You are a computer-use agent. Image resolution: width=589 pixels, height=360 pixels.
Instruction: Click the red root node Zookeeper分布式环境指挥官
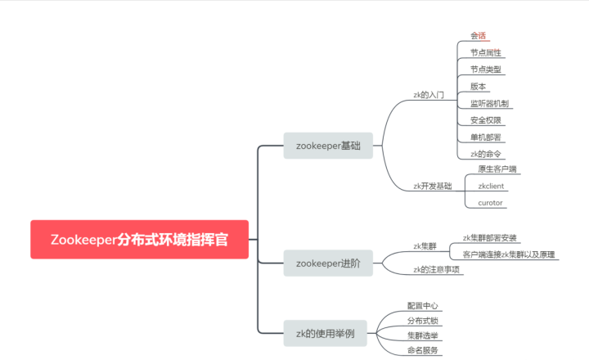coord(139,240)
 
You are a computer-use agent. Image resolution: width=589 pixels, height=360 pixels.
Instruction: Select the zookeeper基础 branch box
coord(327,146)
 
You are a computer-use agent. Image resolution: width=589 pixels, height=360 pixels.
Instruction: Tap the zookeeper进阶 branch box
coord(327,263)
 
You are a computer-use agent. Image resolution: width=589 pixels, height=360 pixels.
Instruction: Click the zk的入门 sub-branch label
coord(429,96)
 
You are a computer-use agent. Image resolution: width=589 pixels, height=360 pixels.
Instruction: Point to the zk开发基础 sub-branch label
coord(432,186)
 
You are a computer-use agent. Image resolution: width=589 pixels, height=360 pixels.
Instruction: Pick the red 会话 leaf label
coord(479,36)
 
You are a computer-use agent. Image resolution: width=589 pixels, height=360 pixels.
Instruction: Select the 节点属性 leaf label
coord(486,52)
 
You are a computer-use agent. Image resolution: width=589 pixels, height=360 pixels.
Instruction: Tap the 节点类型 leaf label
coord(486,70)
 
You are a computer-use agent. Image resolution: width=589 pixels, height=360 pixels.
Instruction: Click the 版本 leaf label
coord(479,87)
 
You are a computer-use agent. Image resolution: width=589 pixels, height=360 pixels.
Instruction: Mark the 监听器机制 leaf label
coord(490,103)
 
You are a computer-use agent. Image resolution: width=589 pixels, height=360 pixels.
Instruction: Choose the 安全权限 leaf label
coord(486,120)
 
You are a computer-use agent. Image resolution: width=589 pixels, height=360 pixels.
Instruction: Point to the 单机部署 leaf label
coord(486,137)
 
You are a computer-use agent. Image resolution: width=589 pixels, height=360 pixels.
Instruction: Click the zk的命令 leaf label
coord(486,154)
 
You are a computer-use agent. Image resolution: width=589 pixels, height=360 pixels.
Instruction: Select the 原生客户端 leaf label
coord(497,169)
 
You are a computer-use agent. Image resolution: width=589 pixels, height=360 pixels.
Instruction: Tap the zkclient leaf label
coord(492,186)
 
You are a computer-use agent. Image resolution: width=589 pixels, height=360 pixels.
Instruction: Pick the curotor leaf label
coord(491,202)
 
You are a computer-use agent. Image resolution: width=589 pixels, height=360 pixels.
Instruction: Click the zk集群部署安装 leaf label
coord(490,237)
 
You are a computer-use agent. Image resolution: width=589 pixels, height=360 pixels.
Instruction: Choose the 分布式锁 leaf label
coord(423,320)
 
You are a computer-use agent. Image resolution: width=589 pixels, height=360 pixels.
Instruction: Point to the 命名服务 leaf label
coord(423,350)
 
